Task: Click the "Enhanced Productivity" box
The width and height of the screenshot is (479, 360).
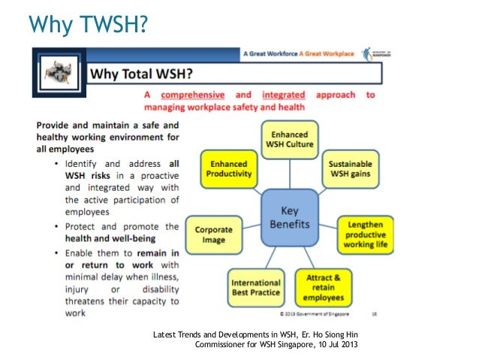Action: click(228, 168)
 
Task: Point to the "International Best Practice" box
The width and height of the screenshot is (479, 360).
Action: click(256, 286)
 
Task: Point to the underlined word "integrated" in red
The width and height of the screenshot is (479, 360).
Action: click(283, 95)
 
